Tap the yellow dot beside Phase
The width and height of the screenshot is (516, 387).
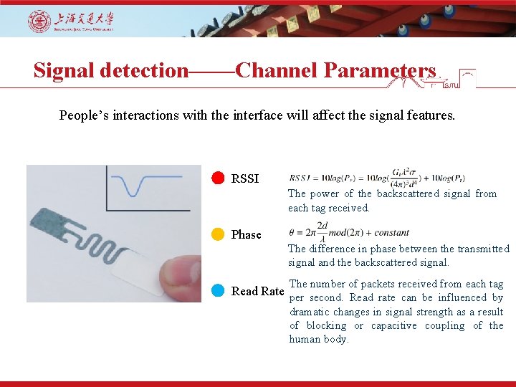[219, 234]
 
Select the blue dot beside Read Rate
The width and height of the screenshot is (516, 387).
[219, 291]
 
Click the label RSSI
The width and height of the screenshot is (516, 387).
[245, 179]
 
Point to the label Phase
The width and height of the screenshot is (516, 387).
[247, 235]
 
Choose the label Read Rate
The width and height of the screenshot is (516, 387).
[258, 291]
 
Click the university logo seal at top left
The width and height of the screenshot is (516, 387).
[39, 21]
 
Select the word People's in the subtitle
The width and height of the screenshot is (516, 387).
[85, 115]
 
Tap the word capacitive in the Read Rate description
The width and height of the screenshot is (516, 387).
[393, 325]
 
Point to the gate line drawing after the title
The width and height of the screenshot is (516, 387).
[430, 79]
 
